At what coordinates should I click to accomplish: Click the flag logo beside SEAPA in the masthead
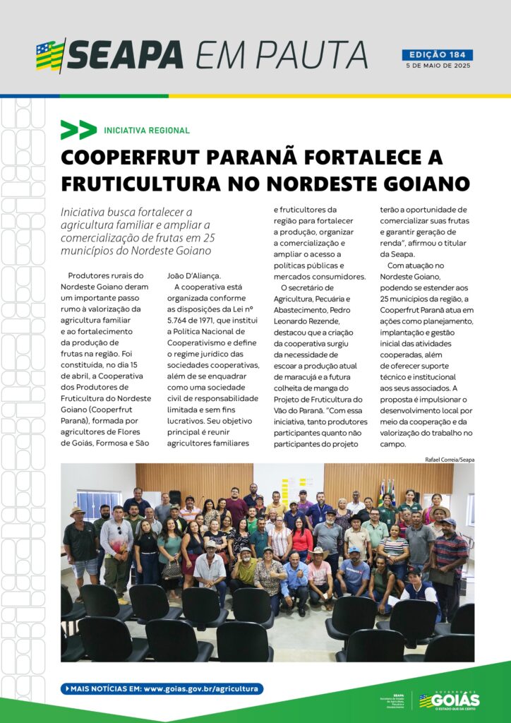tap(50, 55)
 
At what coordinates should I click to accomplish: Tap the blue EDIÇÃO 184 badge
tap(437, 55)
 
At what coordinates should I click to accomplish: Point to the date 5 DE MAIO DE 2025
tap(437, 66)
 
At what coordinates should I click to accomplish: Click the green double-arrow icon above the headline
tap(78, 130)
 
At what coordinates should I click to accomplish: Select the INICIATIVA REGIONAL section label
tap(147, 131)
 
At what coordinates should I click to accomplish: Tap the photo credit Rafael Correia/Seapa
tap(450, 459)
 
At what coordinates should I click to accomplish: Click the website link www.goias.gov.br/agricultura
tap(203, 688)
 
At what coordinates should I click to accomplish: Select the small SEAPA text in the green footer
tap(398, 695)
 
